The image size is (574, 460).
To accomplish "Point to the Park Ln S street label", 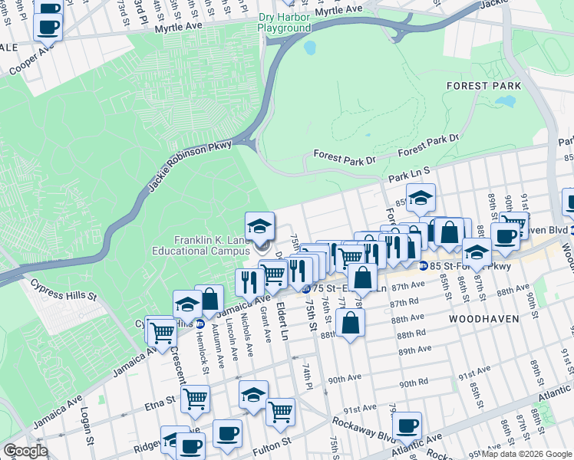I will [412, 176].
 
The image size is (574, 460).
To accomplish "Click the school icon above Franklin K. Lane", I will [259, 226].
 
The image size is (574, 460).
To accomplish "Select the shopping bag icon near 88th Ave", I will [350, 323].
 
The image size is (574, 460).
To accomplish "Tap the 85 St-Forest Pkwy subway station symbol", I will [423, 266].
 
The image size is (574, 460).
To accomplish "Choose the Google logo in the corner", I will [25, 451].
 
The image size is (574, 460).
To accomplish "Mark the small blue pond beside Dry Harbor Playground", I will [309, 48].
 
